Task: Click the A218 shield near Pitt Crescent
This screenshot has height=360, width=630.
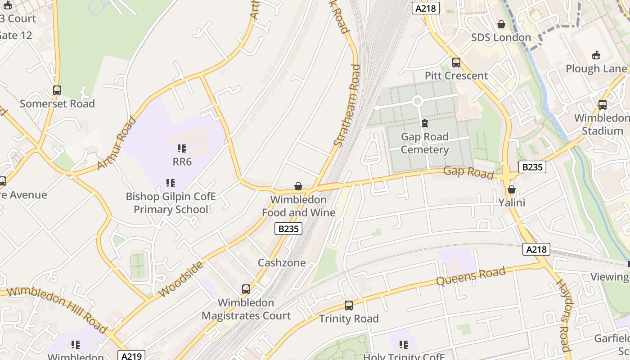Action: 425,8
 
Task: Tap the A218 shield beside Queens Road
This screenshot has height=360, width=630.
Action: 536,249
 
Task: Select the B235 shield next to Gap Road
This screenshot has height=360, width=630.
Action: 532,167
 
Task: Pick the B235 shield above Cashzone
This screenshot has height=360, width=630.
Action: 288,229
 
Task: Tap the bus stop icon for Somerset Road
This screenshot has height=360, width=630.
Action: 57,90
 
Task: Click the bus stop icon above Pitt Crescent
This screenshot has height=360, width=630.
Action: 456,63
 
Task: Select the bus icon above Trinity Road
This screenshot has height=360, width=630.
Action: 348,306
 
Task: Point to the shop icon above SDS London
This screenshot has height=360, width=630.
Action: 501,24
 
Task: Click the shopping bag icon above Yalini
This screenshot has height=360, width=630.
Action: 511,189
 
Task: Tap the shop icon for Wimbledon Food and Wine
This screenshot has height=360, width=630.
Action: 298,186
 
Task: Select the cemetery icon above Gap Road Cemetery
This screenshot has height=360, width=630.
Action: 424,123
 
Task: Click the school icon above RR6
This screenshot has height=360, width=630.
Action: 182,148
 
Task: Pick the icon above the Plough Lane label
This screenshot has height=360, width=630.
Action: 596,55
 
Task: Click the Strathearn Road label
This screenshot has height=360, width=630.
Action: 347,105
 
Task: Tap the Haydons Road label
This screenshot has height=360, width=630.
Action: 564,315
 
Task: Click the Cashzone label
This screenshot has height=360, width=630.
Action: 282,262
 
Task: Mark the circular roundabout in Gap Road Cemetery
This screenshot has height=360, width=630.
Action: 417,101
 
